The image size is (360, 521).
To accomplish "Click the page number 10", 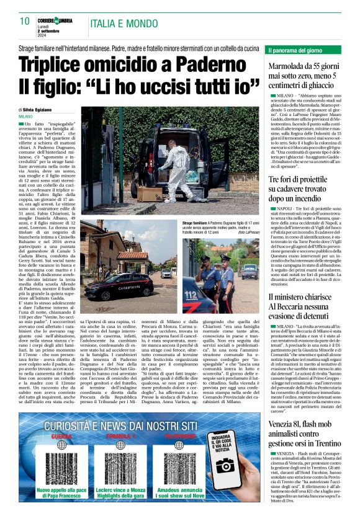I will (x=25, y=22).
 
